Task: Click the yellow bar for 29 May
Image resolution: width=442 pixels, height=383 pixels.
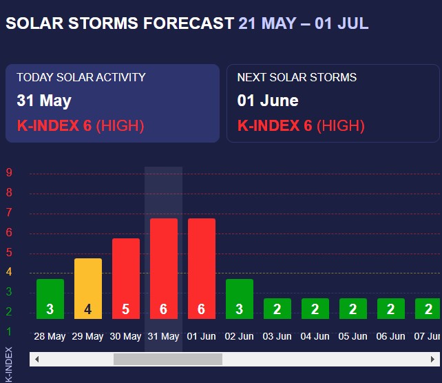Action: [x=88, y=289]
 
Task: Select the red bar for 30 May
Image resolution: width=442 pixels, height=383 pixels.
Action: [x=126, y=279]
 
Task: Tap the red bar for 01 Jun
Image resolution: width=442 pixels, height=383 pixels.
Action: [x=202, y=269]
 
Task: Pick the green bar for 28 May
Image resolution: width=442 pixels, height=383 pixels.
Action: [x=50, y=299]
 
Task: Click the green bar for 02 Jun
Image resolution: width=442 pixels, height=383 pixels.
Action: [x=240, y=299]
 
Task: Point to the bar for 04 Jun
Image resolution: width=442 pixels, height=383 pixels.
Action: [x=315, y=309]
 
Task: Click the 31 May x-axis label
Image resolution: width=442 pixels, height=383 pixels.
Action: [x=163, y=337]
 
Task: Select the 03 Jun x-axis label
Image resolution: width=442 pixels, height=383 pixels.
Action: [x=277, y=337]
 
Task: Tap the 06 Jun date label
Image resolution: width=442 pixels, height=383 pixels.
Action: [x=390, y=337]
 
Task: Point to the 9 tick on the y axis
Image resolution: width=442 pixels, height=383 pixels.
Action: [x=10, y=173]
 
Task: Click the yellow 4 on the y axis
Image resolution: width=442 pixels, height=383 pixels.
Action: [x=10, y=272]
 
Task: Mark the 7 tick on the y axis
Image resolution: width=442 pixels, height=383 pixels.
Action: [x=10, y=213]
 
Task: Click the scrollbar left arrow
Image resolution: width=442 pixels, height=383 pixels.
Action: [x=36, y=360]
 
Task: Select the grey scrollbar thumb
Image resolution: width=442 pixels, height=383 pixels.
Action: [x=167, y=360]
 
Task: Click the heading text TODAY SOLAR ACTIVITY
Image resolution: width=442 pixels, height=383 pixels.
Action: [x=81, y=78]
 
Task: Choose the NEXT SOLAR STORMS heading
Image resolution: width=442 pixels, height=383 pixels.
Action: [x=297, y=78]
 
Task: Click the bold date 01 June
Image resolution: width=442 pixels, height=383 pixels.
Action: [x=268, y=101]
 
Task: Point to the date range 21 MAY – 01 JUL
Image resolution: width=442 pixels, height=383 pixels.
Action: [x=303, y=23]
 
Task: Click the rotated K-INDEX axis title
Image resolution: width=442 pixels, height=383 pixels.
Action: [x=9, y=363]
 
